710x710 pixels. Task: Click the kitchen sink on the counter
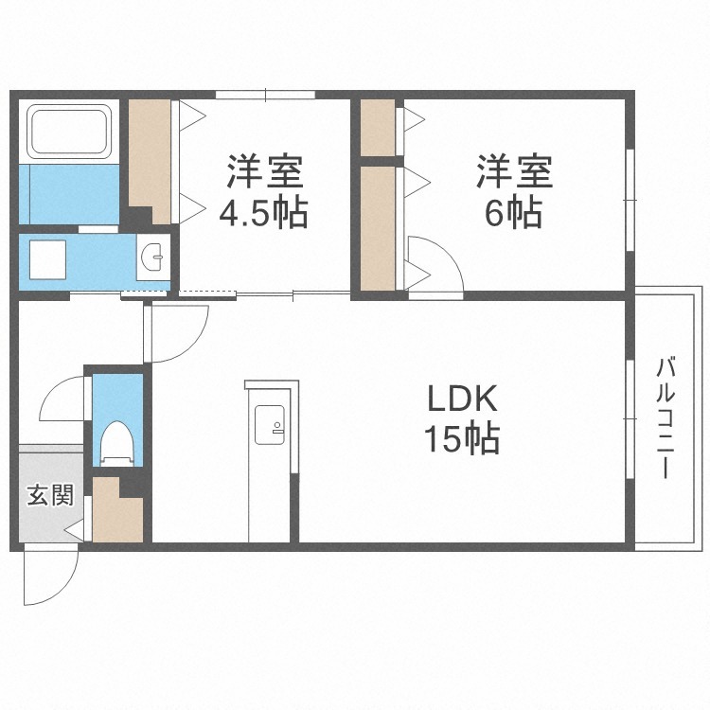(x=270, y=425)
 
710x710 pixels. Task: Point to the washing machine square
(x=47, y=259)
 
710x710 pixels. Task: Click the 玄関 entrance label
(x=50, y=495)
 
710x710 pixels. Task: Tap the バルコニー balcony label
(x=666, y=417)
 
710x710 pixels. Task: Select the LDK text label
(x=462, y=398)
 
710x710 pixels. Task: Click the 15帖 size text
(x=462, y=437)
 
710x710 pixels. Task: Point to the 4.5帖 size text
(x=263, y=212)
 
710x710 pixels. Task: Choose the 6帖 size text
(x=513, y=211)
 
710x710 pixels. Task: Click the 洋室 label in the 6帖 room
(x=514, y=171)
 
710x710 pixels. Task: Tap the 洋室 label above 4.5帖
(x=265, y=171)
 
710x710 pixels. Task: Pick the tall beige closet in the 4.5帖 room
(x=150, y=162)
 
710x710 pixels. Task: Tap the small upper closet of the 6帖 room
(x=378, y=127)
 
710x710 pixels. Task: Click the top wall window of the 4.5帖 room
(x=265, y=95)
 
